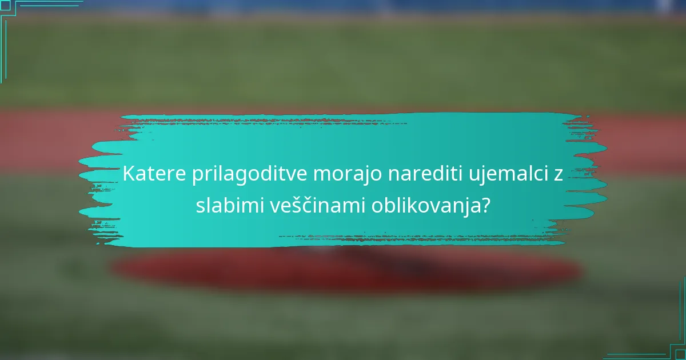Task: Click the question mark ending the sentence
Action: pos(485,205)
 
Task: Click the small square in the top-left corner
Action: pos(5,5)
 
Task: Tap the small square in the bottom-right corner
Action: pos(681,355)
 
